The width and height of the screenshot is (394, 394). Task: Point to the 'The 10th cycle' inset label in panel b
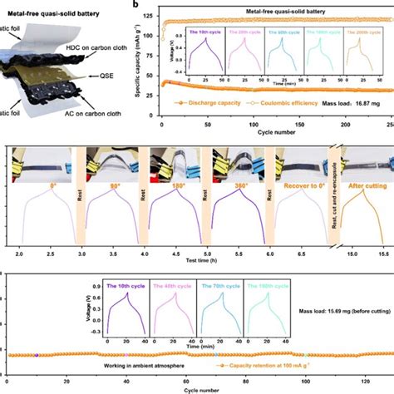point(204,31)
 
